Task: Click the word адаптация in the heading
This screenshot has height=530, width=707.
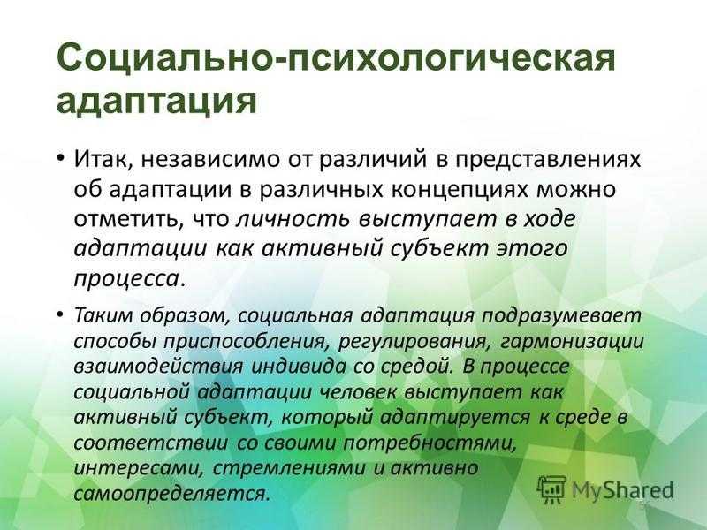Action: pyautogui.click(x=156, y=101)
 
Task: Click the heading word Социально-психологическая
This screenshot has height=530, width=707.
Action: pyautogui.click(x=336, y=58)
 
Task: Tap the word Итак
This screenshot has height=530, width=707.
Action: pyautogui.click(x=103, y=160)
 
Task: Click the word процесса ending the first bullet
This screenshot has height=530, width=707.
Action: pyautogui.click(x=126, y=279)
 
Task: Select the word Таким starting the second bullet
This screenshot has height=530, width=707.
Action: pyautogui.click(x=103, y=315)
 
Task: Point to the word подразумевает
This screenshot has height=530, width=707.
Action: pyautogui.click(x=562, y=316)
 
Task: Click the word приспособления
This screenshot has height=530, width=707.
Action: pyautogui.click(x=245, y=342)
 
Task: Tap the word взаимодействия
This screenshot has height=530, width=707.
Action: pyautogui.click(x=159, y=367)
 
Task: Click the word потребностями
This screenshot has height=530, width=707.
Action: pyautogui.click(x=430, y=443)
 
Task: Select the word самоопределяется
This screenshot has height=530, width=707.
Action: pyautogui.click(x=171, y=495)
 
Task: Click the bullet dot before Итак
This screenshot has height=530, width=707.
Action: pyautogui.click(x=60, y=161)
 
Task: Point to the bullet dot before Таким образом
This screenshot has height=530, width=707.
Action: pyautogui.click(x=60, y=316)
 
